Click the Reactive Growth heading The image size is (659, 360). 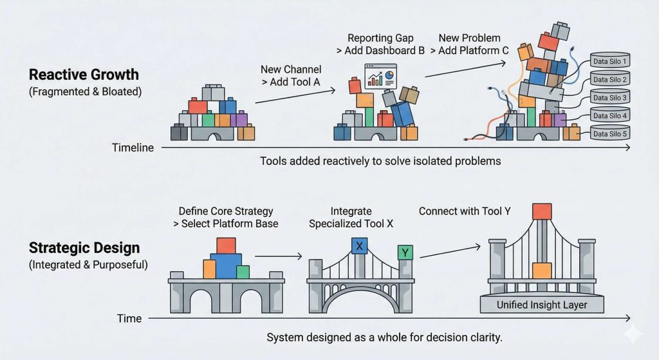coord(84,73)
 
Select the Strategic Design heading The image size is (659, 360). coord(84,248)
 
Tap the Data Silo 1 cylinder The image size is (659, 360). coord(609,62)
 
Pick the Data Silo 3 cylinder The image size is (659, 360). coord(609,98)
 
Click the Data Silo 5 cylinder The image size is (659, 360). coord(609,134)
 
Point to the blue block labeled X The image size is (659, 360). coord(359,245)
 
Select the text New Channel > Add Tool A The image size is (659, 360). coord(291,75)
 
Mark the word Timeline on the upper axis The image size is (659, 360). coord(133,147)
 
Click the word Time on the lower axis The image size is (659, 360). coord(129,318)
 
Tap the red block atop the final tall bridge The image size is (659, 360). coord(542,212)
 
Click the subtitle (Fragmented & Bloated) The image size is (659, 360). coord(85,91)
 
